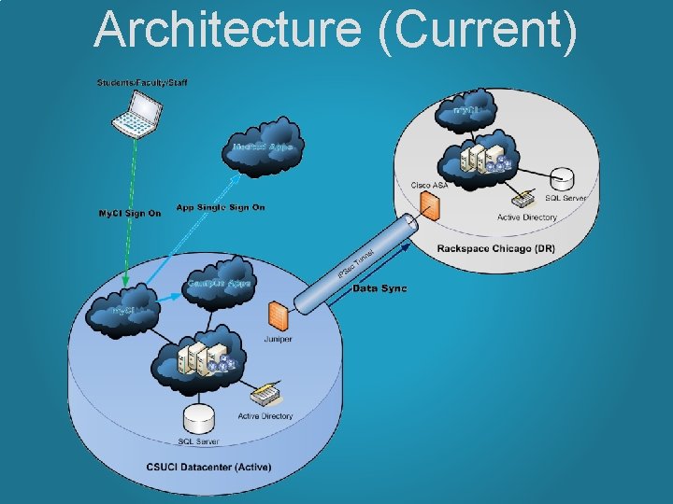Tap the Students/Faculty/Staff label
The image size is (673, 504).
[x=142, y=83]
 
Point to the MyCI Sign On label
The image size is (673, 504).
[x=130, y=213]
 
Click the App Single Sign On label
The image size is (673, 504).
[x=221, y=207]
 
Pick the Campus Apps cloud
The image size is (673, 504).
[x=219, y=283]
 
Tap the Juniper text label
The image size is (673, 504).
[x=279, y=339]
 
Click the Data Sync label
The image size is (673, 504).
[x=379, y=288]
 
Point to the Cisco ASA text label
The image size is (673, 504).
[x=430, y=185]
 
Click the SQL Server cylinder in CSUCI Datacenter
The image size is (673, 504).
[x=198, y=418]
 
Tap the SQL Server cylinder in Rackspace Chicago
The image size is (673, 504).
[x=563, y=178]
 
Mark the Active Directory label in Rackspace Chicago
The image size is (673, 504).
[x=526, y=217]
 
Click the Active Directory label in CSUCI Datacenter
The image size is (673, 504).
[x=265, y=415]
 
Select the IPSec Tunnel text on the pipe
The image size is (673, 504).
[x=356, y=263]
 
